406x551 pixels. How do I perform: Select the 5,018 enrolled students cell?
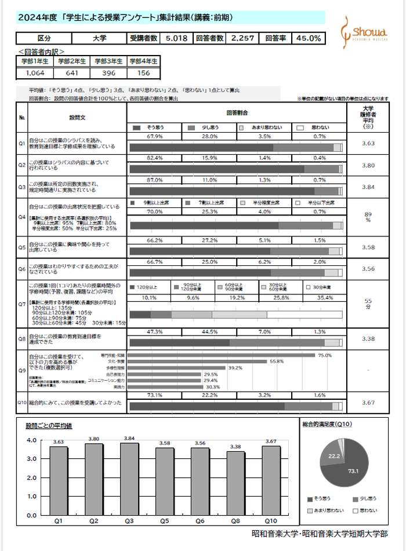point(176,39)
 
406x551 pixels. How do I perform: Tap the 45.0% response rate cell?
point(309,39)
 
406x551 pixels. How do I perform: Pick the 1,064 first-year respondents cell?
point(35,73)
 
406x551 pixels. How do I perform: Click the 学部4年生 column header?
point(143,61)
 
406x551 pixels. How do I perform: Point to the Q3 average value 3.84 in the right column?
point(367,188)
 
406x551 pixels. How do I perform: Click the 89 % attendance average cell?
point(367,217)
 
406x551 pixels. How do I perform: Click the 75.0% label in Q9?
point(325,355)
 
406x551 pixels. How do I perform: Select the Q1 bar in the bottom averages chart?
point(58,480)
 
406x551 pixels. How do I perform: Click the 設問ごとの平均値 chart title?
point(49,426)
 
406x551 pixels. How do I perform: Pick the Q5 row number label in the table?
point(22,246)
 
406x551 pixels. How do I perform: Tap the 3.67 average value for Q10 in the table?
point(367,402)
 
